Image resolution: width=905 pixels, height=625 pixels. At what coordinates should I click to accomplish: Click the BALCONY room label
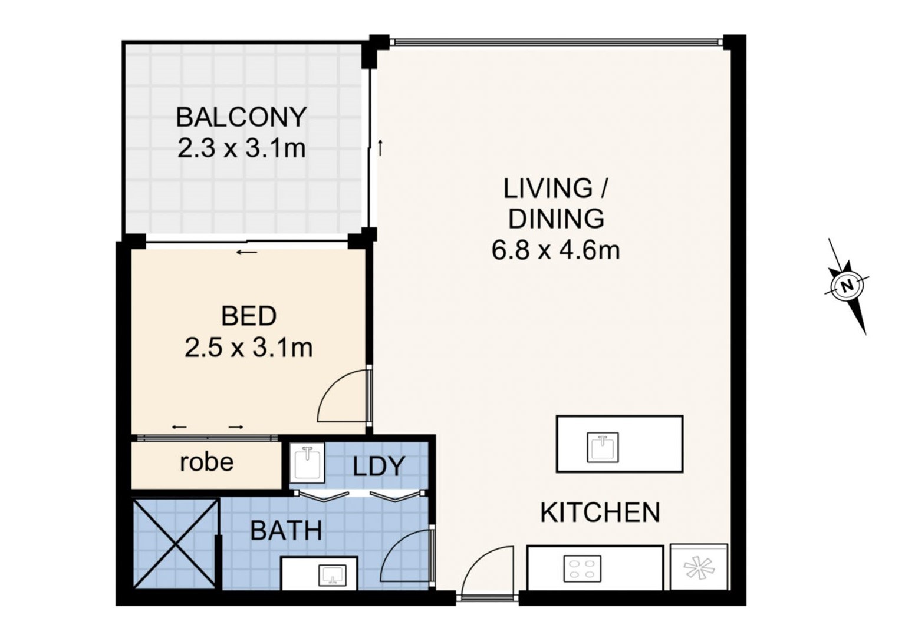point(241,117)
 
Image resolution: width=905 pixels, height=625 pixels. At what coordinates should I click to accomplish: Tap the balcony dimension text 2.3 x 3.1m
point(241,148)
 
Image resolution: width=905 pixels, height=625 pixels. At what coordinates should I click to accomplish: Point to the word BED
point(249,316)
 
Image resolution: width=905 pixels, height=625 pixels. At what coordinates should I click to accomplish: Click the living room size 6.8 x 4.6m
point(555,250)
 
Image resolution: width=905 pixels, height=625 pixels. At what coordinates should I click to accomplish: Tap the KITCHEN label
point(600,512)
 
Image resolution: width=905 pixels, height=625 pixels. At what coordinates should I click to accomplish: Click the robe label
point(206,462)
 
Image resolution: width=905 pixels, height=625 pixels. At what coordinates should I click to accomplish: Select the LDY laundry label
point(379,467)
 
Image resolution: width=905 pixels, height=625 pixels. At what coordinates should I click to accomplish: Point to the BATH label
point(286,530)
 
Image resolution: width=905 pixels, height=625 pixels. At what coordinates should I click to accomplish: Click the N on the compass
point(847,286)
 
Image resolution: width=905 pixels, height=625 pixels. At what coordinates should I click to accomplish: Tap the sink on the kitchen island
point(603,447)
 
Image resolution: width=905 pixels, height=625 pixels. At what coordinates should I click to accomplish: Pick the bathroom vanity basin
point(333,574)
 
